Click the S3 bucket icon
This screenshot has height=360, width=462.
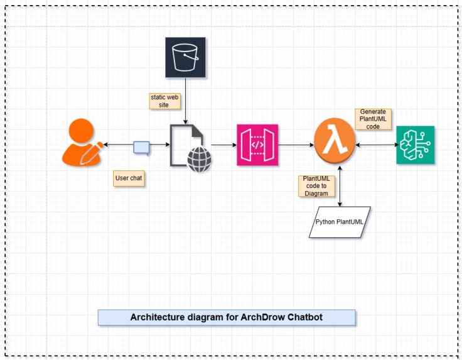(x=185, y=57)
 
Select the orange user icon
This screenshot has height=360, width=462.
(x=82, y=144)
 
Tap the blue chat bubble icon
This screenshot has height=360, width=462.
(x=142, y=147)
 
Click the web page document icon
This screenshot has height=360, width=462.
(x=188, y=144)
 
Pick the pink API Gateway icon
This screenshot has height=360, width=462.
(x=257, y=145)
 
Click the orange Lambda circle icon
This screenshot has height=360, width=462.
(x=335, y=145)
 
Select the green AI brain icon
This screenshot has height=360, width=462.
(x=415, y=145)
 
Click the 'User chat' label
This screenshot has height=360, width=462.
(x=129, y=178)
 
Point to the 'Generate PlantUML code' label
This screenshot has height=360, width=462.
(x=373, y=119)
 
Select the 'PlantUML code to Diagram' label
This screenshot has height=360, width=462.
(x=316, y=186)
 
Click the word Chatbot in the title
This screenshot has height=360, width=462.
(x=304, y=317)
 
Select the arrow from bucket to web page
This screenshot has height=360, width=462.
(x=185, y=101)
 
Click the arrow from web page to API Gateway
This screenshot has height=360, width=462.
(x=223, y=145)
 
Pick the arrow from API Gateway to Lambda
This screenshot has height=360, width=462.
(x=295, y=145)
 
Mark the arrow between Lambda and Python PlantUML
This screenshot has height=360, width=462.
(x=340, y=186)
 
